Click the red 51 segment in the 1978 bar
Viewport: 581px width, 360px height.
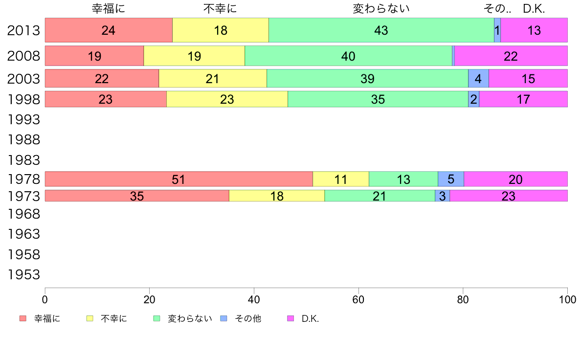click(x=179, y=179)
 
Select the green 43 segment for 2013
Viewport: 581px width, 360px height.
click(x=381, y=30)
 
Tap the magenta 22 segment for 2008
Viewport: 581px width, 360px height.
click(x=511, y=56)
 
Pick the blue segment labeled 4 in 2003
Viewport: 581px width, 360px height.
click(x=478, y=78)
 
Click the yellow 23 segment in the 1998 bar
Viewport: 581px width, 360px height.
click(x=227, y=99)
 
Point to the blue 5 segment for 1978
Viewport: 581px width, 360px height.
click(x=450, y=179)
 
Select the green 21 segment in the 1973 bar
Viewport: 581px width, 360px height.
click(x=380, y=196)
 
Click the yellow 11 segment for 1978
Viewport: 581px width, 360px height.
click(x=341, y=179)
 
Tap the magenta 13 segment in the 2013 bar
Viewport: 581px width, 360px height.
click(x=534, y=30)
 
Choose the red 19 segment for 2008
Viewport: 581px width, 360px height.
click(x=94, y=56)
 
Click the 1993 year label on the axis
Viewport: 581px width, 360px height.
click(x=23, y=119)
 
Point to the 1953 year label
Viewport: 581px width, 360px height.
click(x=23, y=274)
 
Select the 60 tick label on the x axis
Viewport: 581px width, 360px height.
click(x=358, y=300)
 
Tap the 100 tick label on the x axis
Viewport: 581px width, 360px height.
click(x=567, y=300)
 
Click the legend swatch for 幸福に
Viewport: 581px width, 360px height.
click(x=22, y=318)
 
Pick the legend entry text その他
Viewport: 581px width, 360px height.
click(x=248, y=318)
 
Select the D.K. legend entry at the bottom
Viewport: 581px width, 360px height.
click(x=310, y=318)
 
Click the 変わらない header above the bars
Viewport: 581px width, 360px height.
click(x=381, y=8)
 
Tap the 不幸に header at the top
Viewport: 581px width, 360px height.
click(x=220, y=8)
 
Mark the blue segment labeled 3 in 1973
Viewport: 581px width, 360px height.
click(x=442, y=196)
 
